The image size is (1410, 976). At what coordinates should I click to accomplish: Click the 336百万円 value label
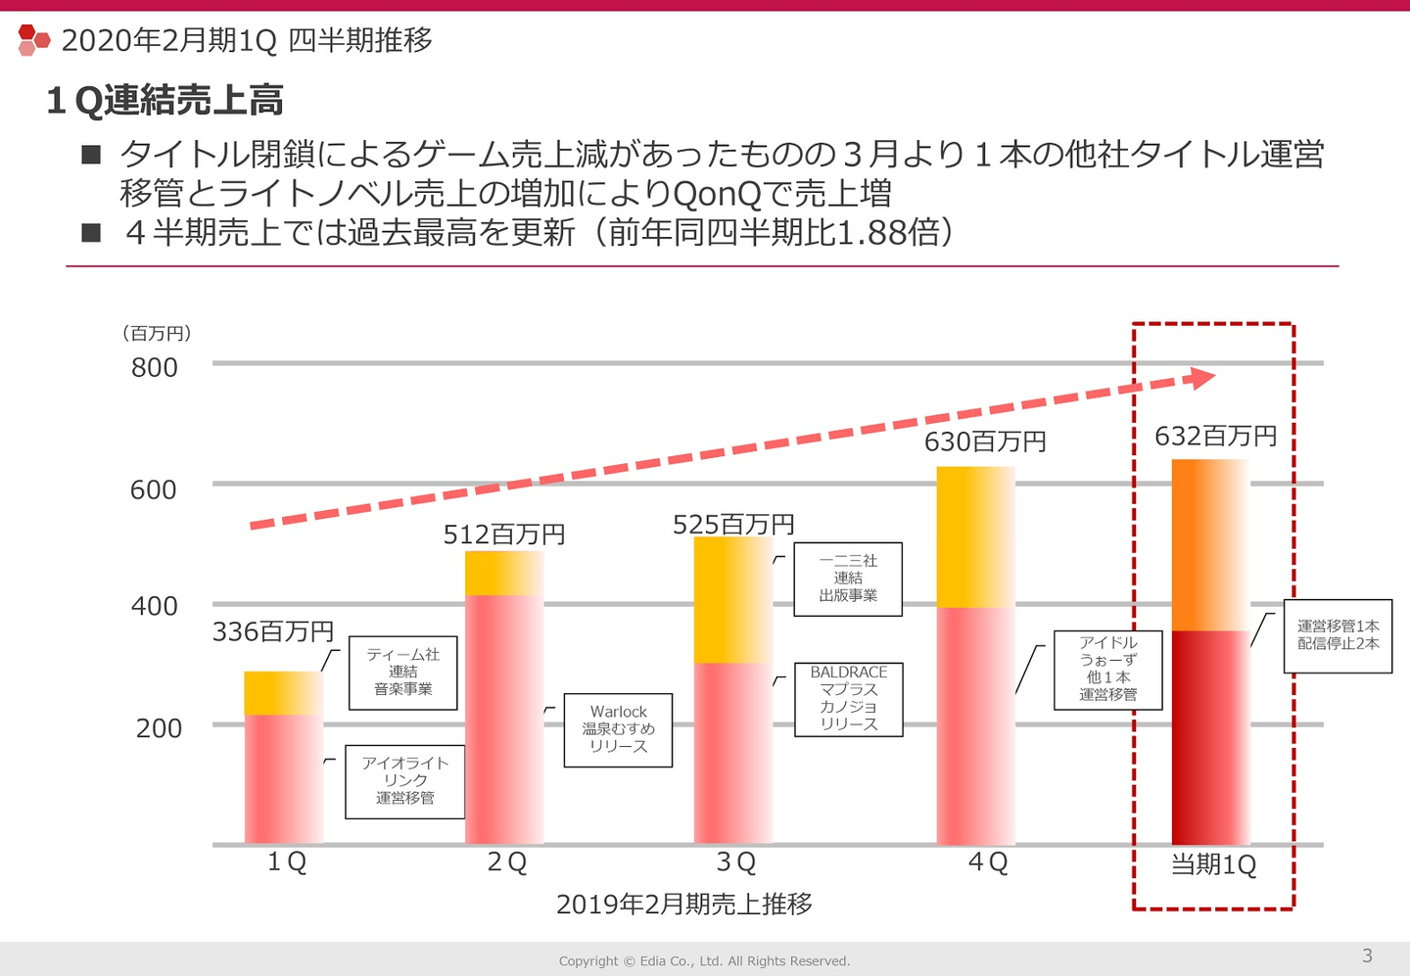[273, 632]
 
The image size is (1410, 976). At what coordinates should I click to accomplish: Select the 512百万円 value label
[504, 534]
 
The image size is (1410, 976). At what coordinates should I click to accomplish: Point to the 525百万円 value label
[733, 525]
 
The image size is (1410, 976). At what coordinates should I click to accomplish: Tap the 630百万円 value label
[985, 442]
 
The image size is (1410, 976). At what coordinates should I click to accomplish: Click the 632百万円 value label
[1215, 437]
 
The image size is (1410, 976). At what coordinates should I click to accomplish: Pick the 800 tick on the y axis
[155, 368]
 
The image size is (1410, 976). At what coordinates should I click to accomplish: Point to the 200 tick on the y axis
[159, 728]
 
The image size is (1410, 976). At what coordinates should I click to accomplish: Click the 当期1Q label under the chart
[1213, 865]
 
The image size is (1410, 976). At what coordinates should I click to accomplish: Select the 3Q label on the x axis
[736, 862]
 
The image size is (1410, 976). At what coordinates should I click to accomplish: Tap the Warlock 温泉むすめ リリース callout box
[618, 729]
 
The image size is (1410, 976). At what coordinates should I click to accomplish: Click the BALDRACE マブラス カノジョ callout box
[848, 699]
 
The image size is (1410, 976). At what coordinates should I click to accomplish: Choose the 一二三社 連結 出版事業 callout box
[847, 579]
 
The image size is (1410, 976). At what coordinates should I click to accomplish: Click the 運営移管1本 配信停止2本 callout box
[1338, 635]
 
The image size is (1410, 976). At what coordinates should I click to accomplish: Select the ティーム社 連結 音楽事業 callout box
[402, 672]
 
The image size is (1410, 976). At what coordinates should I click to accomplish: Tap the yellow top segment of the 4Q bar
[975, 536]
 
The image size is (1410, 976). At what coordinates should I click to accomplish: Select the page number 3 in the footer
[1367, 955]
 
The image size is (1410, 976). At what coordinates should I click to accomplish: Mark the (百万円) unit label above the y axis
[157, 334]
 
